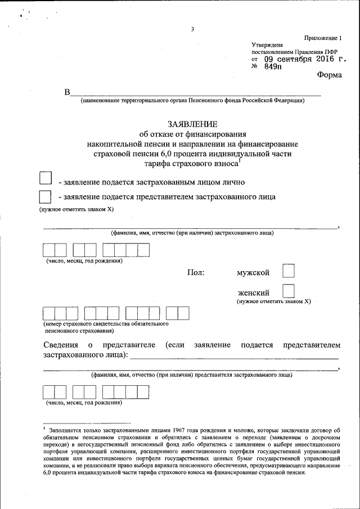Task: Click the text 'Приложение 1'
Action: pos(323,38)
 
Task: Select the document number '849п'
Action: pos(273,66)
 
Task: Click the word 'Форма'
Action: pos(329,75)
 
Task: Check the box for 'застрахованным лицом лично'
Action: pos(45,178)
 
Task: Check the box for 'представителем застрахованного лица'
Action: pos(45,196)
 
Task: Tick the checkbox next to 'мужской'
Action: pos(288,272)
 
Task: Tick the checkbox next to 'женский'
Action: pos(288,291)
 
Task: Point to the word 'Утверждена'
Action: pos(267,45)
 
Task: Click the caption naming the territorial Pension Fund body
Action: pos(192,101)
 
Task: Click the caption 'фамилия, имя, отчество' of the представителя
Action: pos(191,374)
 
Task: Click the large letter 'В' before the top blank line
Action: pos(67,92)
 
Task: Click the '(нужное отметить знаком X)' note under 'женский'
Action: pos(273,301)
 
